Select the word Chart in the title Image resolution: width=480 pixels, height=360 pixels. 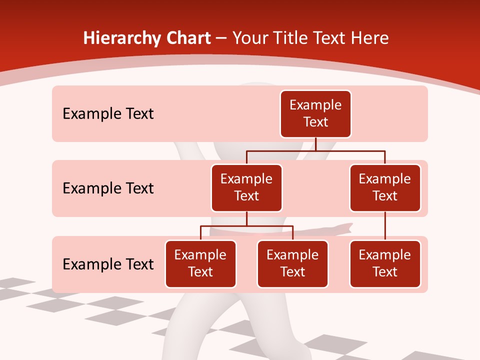click(x=186, y=38)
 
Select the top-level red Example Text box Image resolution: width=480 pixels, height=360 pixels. click(x=315, y=113)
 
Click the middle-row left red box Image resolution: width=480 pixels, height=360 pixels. click(x=246, y=187)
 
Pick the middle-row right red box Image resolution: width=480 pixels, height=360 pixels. click(x=385, y=187)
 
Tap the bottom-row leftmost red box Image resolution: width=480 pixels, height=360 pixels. click(x=200, y=263)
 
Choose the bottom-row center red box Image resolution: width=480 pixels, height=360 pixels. click(x=292, y=263)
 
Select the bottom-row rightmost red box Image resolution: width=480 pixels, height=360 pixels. click(x=385, y=263)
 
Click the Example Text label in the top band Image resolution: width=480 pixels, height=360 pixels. click(x=108, y=114)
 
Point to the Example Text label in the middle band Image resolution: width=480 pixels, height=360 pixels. click(x=108, y=188)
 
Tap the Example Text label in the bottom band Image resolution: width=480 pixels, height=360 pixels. click(x=108, y=264)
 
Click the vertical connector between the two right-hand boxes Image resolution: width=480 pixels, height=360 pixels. click(x=385, y=226)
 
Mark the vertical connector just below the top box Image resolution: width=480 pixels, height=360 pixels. click(x=316, y=144)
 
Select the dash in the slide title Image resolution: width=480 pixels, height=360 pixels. click(x=221, y=38)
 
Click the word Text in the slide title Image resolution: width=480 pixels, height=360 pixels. click(x=330, y=38)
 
